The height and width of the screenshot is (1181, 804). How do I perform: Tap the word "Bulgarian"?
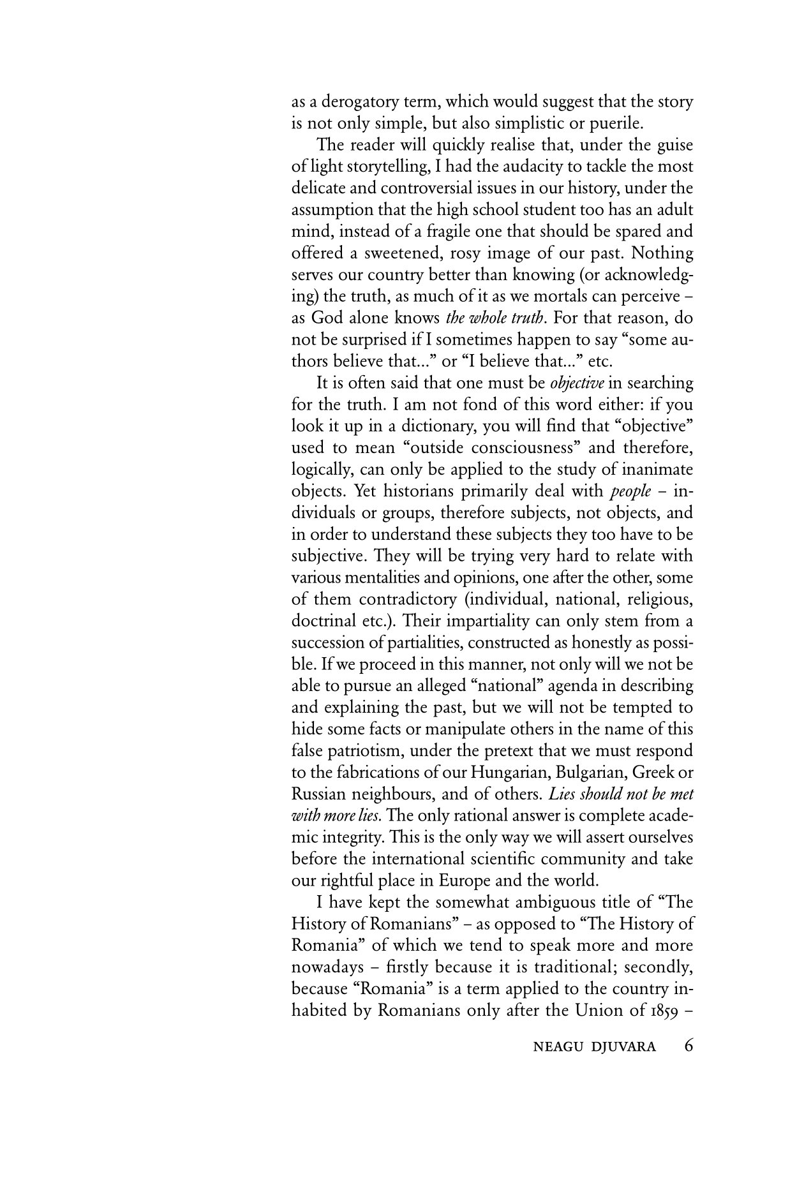point(591,773)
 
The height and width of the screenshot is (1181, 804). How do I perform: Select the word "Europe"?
point(464,880)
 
